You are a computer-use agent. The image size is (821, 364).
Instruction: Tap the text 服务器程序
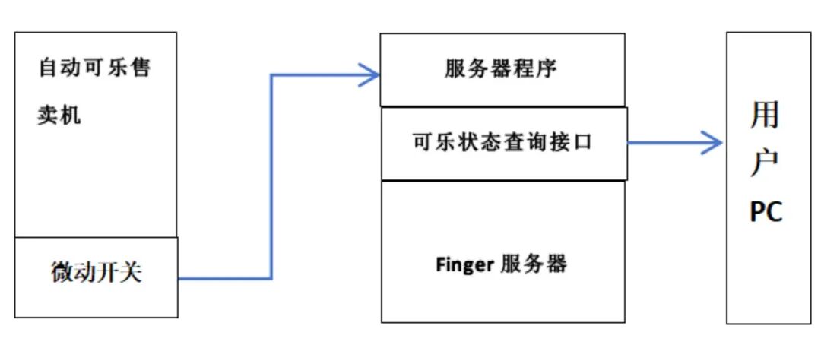point(501,70)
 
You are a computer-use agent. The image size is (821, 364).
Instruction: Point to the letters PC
point(766,213)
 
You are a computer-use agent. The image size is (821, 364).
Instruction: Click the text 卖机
point(60,116)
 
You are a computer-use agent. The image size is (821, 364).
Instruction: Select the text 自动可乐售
point(95,69)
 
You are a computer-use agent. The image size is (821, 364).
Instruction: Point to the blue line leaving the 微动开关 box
point(220,278)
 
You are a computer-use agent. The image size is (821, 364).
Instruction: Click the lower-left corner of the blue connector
point(271,278)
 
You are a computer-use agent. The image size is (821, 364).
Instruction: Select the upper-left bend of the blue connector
point(271,75)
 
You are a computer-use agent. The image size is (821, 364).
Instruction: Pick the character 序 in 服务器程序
point(546,70)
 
